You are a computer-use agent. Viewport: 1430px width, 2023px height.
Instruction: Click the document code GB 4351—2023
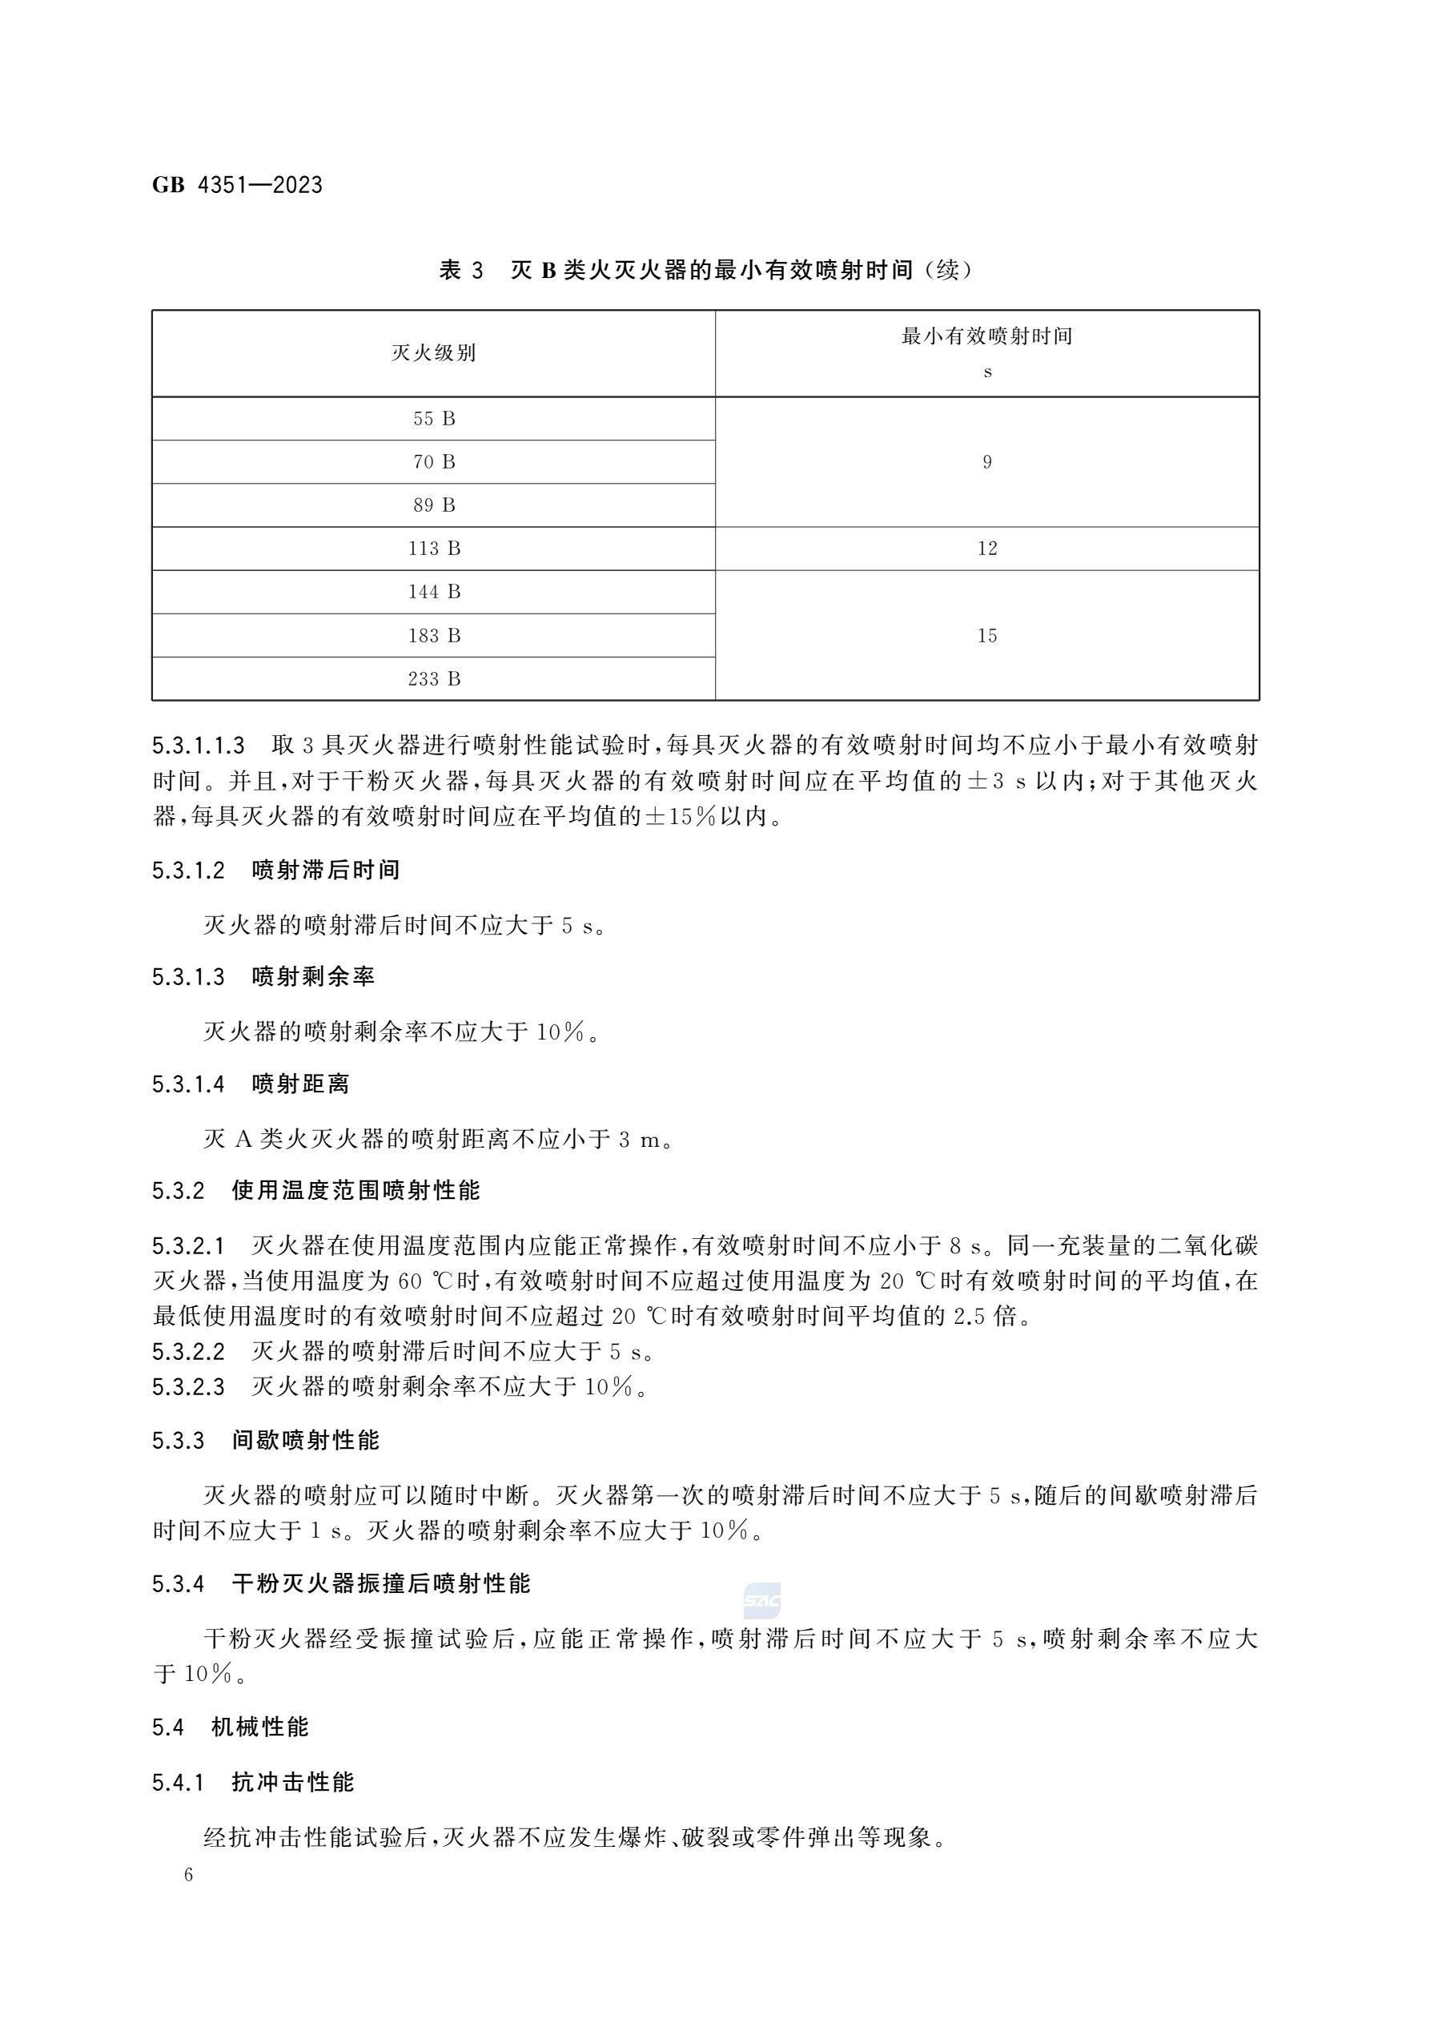click(x=237, y=185)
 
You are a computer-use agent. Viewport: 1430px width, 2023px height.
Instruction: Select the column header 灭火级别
click(x=433, y=353)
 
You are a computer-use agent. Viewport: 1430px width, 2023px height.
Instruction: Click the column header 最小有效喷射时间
click(x=986, y=336)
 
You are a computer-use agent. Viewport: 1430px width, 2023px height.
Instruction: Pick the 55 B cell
click(x=433, y=419)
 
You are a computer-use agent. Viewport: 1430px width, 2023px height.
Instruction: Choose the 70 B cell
click(x=433, y=461)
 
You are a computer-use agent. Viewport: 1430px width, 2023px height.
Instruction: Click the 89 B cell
click(x=433, y=505)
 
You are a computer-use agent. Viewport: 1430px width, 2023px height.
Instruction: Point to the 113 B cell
click(x=433, y=548)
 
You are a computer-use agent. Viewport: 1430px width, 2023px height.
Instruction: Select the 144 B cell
click(x=433, y=591)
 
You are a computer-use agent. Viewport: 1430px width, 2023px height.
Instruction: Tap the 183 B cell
click(x=433, y=635)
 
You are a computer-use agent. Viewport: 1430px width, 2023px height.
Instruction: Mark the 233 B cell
click(x=433, y=678)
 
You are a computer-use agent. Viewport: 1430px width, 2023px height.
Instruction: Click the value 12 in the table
click(x=986, y=548)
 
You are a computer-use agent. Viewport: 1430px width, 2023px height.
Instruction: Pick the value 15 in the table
click(x=986, y=635)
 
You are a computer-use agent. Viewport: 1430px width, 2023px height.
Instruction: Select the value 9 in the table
click(x=986, y=461)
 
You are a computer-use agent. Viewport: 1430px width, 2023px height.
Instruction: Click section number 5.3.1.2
click(x=188, y=871)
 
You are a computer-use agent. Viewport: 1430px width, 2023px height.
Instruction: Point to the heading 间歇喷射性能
click(x=305, y=1441)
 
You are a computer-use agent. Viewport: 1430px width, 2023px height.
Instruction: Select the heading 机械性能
click(x=260, y=1727)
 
